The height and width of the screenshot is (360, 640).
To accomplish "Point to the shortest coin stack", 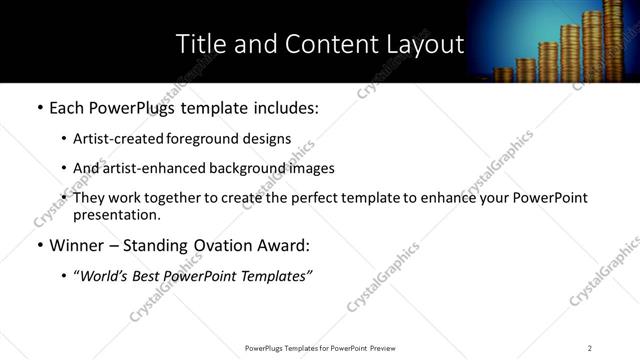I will coord(501,74).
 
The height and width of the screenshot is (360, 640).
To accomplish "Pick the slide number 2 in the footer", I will coord(590,348).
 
